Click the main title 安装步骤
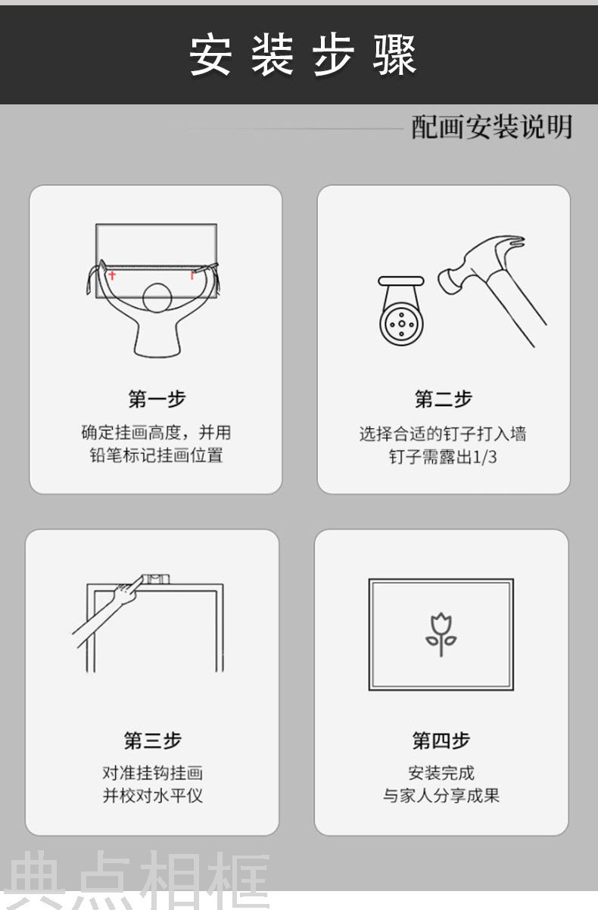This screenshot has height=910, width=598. (x=303, y=55)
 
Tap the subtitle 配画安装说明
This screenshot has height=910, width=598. (x=492, y=127)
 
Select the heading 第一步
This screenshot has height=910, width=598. (x=157, y=399)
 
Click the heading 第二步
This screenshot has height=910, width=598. (x=444, y=399)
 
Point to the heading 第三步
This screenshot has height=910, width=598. (x=153, y=741)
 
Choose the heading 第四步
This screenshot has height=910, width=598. (x=441, y=741)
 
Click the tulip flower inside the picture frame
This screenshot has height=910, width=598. (x=441, y=634)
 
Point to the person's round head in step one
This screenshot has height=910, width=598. (x=157, y=298)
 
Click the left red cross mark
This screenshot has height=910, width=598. (x=112, y=275)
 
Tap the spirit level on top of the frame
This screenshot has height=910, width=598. (x=155, y=579)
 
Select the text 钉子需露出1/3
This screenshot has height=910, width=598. (x=443, y=457)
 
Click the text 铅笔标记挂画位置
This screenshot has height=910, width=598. (x=157, y=455)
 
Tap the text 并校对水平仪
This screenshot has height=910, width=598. (x=153, y=796)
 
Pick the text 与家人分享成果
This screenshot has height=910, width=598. (x=441, y=796)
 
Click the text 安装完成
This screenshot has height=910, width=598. (x=441, y=772)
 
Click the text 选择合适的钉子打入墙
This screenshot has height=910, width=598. (x=443, y=433)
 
